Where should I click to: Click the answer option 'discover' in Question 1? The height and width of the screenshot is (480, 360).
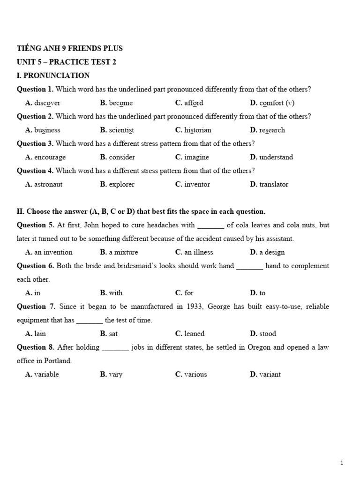(x=47, y=103)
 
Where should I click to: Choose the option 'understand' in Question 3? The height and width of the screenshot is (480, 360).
(x=276, y=157)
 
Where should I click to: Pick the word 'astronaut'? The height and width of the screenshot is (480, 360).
(x=48, y=184)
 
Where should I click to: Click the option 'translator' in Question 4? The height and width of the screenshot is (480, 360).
(x=274, y=184)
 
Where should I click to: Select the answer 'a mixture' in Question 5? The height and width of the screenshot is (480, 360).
(x=123, y=252)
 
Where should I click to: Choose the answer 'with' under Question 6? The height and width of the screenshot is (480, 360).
(x=115, y=293)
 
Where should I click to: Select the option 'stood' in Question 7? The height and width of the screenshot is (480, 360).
(x=268, y=334)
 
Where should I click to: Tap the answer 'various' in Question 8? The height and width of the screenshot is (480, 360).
(x=195, y=375)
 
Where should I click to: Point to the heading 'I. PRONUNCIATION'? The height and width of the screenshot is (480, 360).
(x=53, y=75)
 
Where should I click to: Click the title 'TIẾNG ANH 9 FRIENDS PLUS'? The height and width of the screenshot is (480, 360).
(x=70, y=48)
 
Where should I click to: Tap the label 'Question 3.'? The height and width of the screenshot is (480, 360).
(x=35, y=143)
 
